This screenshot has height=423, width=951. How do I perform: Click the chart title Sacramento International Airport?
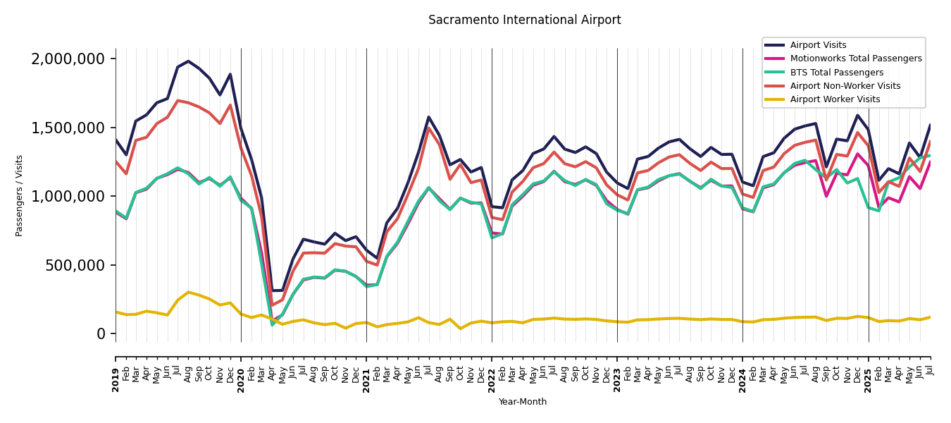(524, 20)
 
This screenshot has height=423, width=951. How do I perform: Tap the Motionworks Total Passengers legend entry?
(855, 59)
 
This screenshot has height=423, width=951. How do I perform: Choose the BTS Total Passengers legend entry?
(836, 73)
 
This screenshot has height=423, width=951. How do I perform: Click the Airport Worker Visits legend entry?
(835, 99)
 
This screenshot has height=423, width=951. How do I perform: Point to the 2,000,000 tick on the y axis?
(68, 59)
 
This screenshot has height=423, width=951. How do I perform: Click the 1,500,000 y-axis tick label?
(68, 128)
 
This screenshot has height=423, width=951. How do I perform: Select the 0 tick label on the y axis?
(101, 334)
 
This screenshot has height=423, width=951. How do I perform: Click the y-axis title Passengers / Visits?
(20, 195)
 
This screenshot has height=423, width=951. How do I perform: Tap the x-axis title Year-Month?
(522, 402)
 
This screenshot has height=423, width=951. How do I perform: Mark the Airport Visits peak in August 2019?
(188, 61)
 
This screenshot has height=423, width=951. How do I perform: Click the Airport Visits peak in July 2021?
(428, 117)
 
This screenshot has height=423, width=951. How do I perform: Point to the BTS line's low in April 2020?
(272, 324)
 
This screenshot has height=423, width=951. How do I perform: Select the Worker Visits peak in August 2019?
(188, 292)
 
